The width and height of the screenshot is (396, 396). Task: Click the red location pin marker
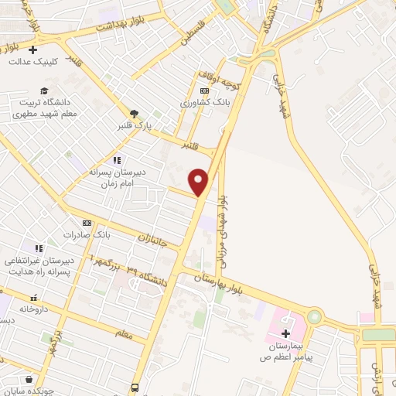[x=200, y=182]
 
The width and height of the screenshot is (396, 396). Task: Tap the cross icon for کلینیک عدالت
[x=32, y=50]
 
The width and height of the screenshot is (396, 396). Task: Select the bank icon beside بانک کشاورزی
[x=203, y=90]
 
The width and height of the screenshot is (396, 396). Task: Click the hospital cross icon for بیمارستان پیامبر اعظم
[x=285, y=334]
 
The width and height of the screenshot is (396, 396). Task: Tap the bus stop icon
[x=135, y=387]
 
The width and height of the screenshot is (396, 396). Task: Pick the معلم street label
[x=124, y=334]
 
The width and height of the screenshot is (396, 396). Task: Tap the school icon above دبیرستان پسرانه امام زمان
[x=117, y=160]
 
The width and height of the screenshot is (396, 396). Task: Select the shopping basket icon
[x=29, y=379]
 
